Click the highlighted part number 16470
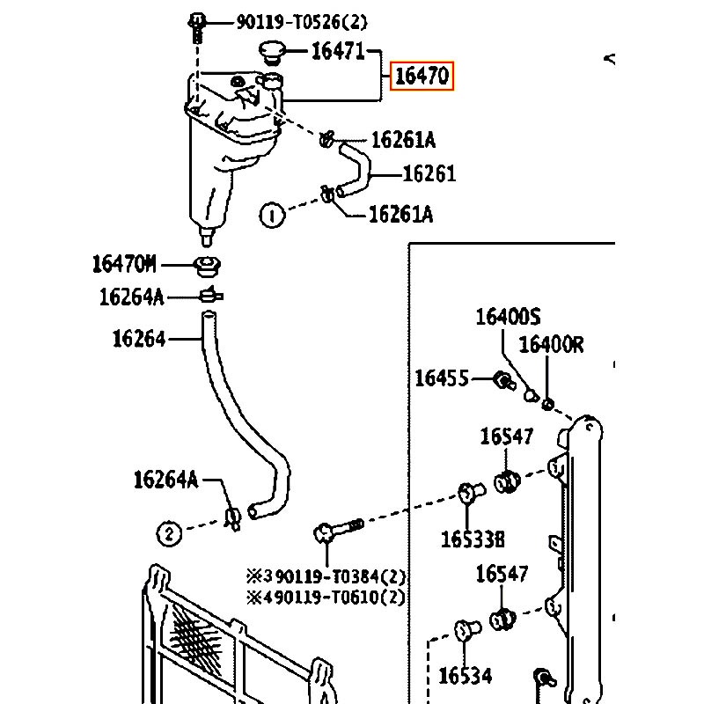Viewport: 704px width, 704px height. pyautogui.click(x=422, y=76)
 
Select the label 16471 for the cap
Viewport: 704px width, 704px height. pyautogui.click(x=338, y=51)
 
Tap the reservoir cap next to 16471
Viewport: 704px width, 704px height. pyautogui.click(x=272, y=53)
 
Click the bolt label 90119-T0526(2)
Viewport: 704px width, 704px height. pyautogui.click(x=302, y=21)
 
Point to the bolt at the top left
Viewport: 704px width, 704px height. pyautogui.click(x=196, y=27)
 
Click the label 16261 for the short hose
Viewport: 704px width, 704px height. pyautogui.click(x=429, y=173)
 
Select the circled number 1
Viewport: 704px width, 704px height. pyautogui.click(x=272, y=216)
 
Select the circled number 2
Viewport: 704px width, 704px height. pyautogui.click(x=169, y=534)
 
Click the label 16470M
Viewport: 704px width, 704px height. pyautogui.click(x=124, y=264)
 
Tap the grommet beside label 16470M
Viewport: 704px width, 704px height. pyautogui.click(x=207, y=267)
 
